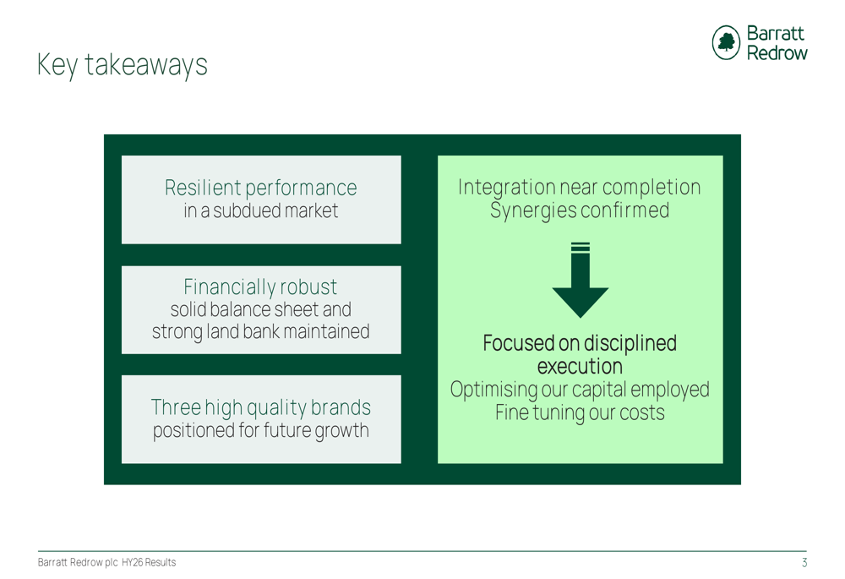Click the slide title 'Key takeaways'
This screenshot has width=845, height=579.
[123, 65]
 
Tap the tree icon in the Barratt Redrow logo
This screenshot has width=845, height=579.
[726, 43]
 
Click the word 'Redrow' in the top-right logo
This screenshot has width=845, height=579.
[777, 52]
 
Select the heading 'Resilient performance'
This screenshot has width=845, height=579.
[260, 188]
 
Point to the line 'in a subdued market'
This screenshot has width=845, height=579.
[260, 210]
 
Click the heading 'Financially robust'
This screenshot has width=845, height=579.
[260, 287]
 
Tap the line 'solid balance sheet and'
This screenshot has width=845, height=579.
[260, 309]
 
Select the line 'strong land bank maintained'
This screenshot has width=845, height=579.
[260, 331]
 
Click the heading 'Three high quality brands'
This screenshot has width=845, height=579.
[260, 407]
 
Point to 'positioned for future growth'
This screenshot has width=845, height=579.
[260, 430]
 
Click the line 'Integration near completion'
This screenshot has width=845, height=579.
[580, 187]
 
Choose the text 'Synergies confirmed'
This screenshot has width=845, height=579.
[580, 210]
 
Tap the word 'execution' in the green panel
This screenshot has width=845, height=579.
[580, 367]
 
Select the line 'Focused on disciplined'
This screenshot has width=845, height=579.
[580, 344]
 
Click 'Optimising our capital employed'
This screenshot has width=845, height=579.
[580, 390]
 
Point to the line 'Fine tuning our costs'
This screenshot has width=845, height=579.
[580, 412]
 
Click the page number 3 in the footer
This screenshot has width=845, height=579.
[804, 563]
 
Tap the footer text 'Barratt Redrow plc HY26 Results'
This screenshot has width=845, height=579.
[106, 563]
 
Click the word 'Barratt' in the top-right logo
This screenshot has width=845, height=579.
[776, 34]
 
